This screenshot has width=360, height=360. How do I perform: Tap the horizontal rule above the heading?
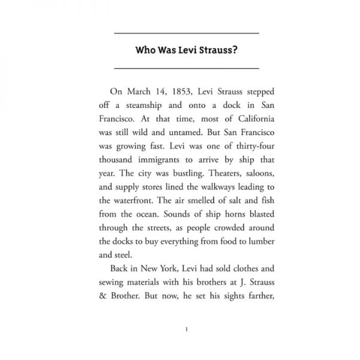coord(185,32)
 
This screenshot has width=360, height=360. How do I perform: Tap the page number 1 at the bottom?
coord(188,328)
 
